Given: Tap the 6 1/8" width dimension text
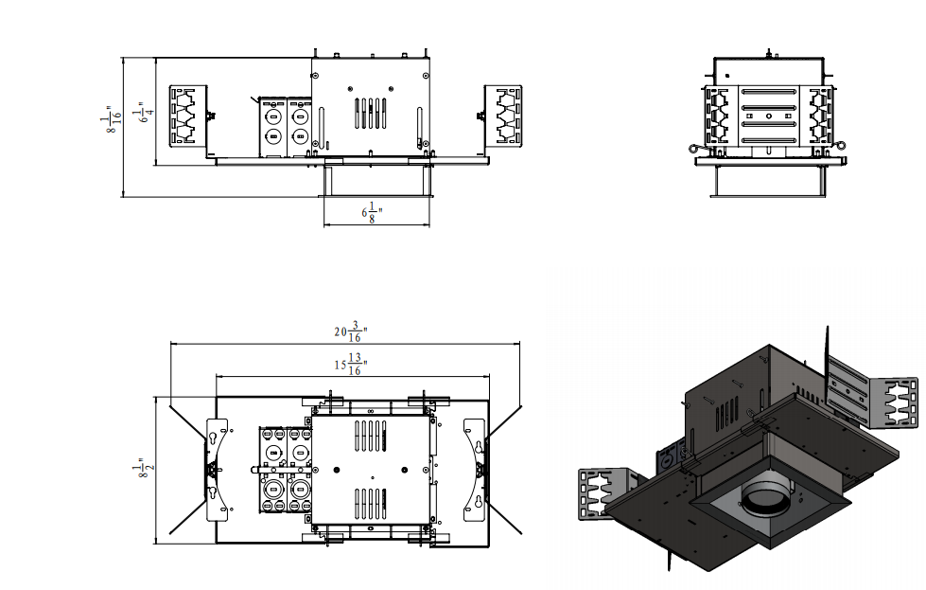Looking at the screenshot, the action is tap(372, 212).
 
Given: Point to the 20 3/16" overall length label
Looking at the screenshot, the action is tap(351, 331).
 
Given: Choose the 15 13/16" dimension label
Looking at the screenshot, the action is tap(351, 365).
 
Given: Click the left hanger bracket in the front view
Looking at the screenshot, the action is tap(188, 116).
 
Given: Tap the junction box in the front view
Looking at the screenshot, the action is tap(286, 127).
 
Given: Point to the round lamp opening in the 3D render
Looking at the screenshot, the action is tap(765, 494).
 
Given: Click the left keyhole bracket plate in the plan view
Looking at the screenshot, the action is tap(217, 470).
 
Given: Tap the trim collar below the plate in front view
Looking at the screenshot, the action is tap(376, 181).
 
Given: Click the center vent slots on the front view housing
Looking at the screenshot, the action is tap(370, 113).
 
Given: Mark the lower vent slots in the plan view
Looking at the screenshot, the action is tap(370, 504).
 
